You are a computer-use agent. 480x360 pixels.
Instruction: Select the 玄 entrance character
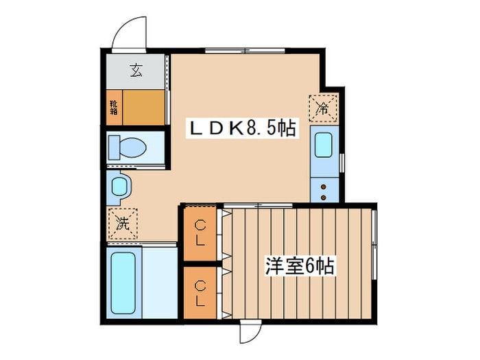(x=136, y=69)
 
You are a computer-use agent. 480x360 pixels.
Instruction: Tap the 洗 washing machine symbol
(x=122, y=221)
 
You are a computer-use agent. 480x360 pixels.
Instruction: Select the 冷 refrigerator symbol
(x=323, y=107)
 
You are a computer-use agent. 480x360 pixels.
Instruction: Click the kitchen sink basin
(x=323, y=145)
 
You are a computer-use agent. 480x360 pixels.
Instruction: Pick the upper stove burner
(x=323, y=184)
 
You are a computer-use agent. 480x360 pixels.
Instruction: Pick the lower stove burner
(x=323, y=197)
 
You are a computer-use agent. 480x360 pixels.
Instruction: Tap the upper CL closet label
(x=200, y=233)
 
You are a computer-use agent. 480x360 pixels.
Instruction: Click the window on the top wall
(x=245, y=50)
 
